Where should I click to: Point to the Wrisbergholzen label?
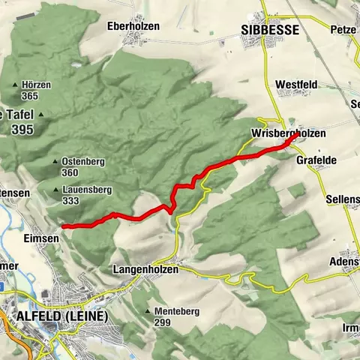289,133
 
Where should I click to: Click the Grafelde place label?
316,160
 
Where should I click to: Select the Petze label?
343,31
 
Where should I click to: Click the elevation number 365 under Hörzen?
30,96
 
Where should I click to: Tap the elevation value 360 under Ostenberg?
70,172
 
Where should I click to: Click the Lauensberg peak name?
83,190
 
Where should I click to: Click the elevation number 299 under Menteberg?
163,322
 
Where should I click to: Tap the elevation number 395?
22,130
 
